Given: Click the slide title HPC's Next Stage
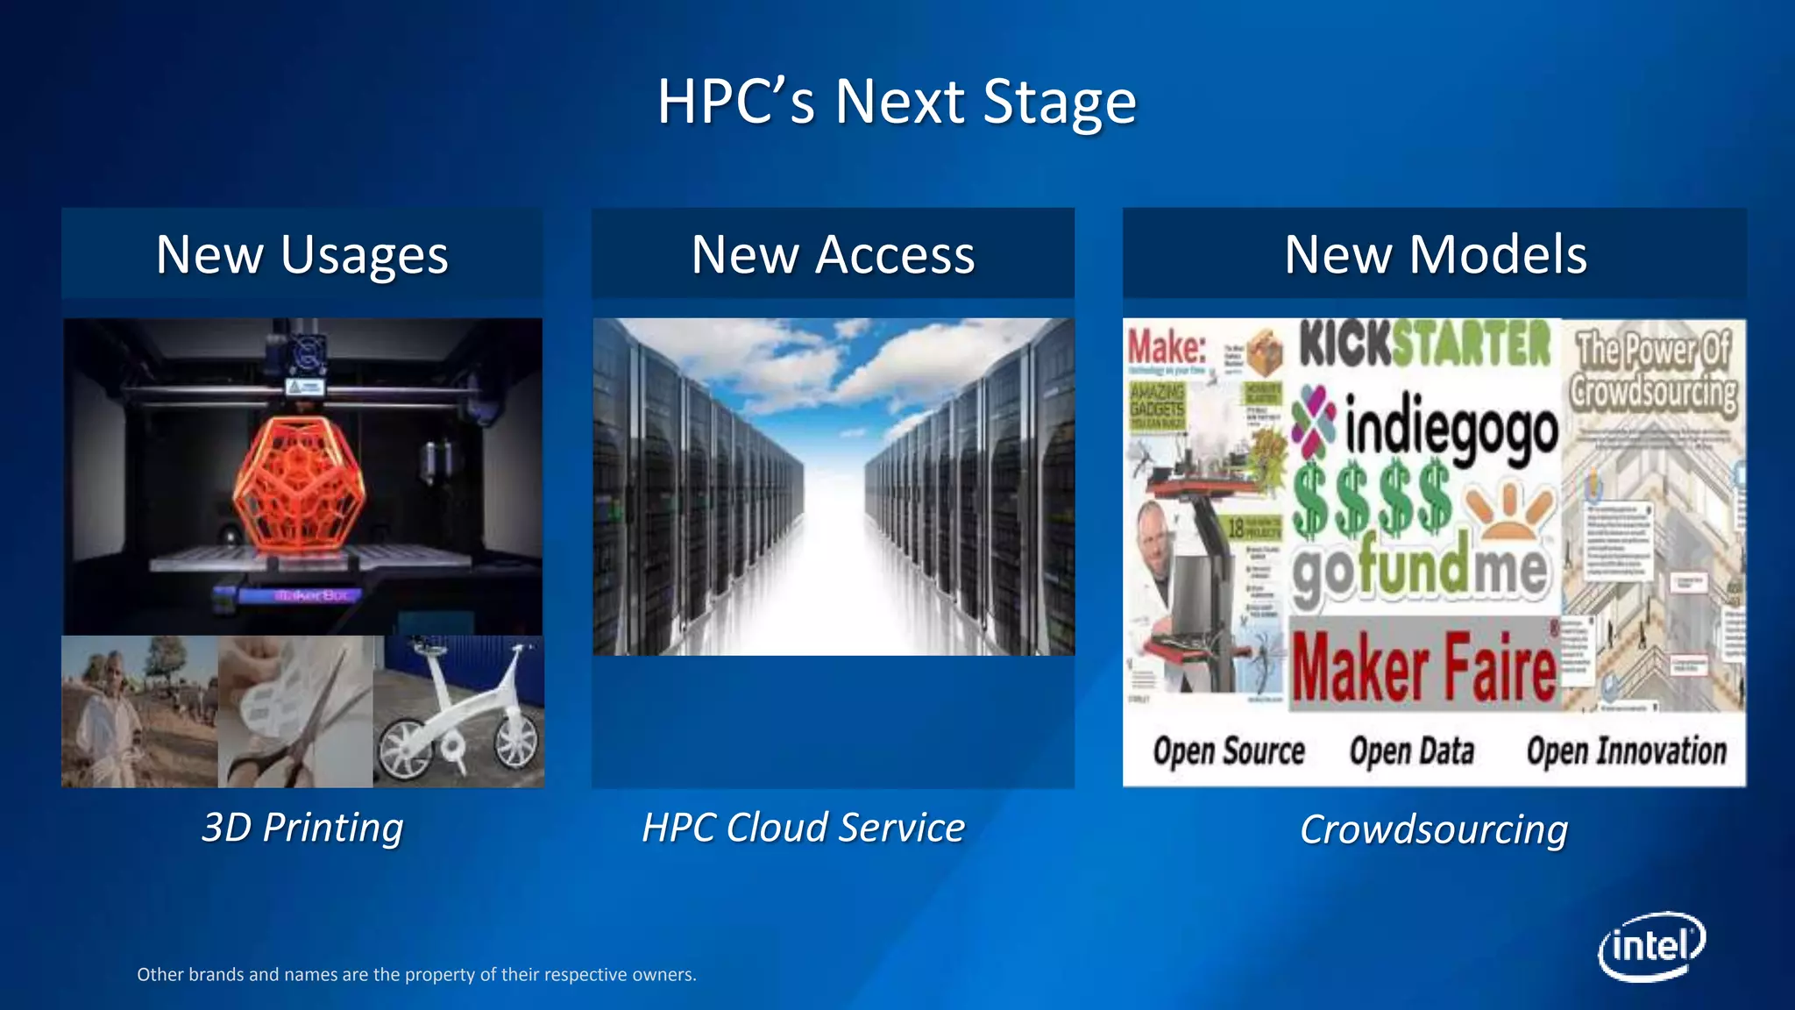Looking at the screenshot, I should click(897, 102).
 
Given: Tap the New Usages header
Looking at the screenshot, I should click(302, 255).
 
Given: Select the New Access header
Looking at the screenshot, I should click(833, 255).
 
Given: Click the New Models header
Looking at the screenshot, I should click(1435, 255).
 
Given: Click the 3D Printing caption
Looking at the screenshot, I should click(302, 828).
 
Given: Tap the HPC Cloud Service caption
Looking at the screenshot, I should click(803, 828).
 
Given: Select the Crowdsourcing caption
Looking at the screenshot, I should click(1433, 829).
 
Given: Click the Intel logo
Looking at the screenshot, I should click(1651, 947).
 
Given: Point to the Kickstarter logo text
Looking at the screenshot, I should click(1424, 344).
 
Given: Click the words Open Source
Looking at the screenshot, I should click(1228, 751).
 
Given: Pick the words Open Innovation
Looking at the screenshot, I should click(1626, 751).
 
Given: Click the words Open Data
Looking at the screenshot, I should click(1411, 751).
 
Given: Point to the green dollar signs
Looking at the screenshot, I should click(1372, 500).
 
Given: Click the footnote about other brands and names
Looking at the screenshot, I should click(416, 974).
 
